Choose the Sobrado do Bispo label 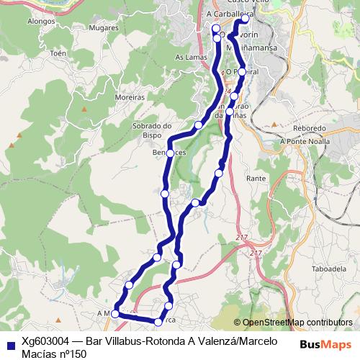coord(150,129)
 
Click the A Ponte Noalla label coord(303,142)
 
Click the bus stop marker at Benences coord(171,153)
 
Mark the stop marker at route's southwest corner coord(115,314)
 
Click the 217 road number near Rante coord(240,238)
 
